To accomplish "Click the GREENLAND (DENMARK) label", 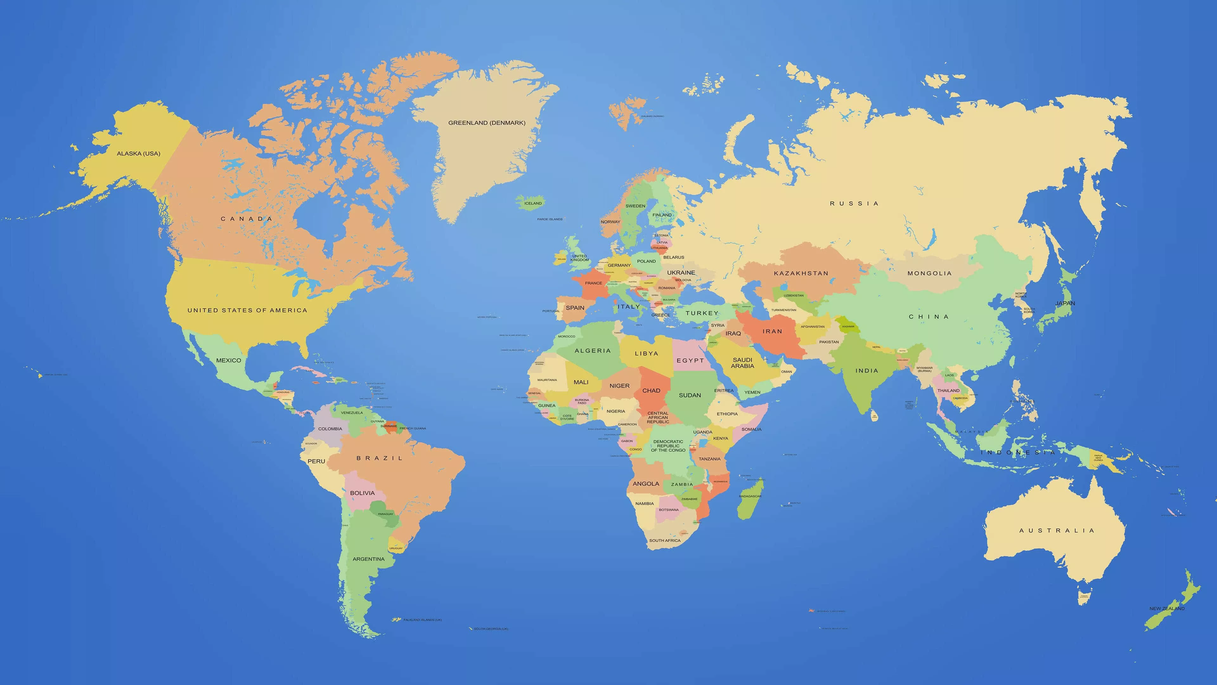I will click(x=486, y=123).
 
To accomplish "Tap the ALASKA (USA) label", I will click(x=138, y=153).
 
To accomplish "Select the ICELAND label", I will click(x=533, y=203).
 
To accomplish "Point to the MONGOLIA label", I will click(x=929, y=273).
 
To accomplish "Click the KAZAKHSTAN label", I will click(x=801, y=273).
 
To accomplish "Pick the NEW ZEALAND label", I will click(x=1166, y=609).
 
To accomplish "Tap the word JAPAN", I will click(x=1065, y=303).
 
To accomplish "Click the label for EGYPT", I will click(x=690, y=361).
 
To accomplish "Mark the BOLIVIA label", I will click(x=362, y=493).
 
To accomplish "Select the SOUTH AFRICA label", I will click(x=665, y=540).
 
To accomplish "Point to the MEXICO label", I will click(x=229, y=360).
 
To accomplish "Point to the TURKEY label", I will click(x=702, y=313).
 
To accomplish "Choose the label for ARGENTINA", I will click(x=369, y=559).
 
